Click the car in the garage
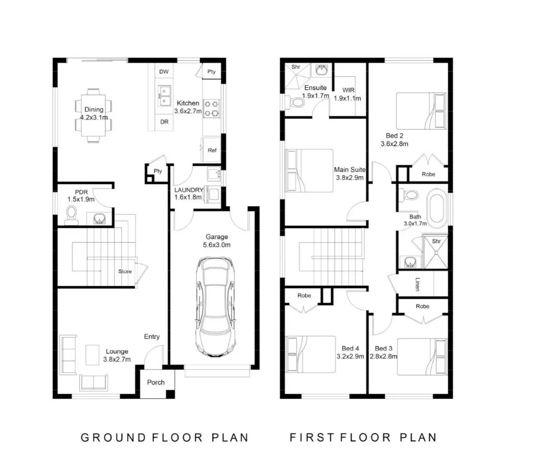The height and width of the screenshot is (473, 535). click(215, 307)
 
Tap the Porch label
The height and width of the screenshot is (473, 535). click(156, 383)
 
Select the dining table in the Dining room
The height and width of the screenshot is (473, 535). click(93, 116)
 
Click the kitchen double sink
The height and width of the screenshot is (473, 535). click(165, 96)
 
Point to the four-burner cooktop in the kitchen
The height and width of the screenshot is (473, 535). click(211, 108)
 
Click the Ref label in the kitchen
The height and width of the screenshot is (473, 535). click(212, 151)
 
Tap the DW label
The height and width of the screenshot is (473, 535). click(164, 71)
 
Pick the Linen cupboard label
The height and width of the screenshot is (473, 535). click(418, 284)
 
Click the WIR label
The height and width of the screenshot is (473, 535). click(348, 90)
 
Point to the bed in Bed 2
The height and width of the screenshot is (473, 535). click(421, 111)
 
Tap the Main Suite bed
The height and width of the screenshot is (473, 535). click(309, 171)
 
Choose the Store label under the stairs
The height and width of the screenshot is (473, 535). click(125, 271)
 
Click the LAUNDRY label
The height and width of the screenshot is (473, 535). click(189, 190)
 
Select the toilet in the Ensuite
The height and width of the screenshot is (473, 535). click(294, 102)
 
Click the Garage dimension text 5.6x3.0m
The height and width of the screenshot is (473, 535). click(217, 245)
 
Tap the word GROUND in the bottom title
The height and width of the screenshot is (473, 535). click(114, 438)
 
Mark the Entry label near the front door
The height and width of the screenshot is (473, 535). click(152, 336)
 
